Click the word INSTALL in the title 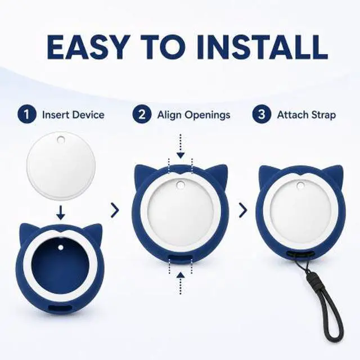[x=262, y=47]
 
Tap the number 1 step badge [x=27, y=114]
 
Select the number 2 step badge [x=142, y=114]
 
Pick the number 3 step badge [x=262, y=114]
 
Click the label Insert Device [x=73, y=115]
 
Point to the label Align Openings [x=193, y=115]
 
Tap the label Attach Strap [x=307, y=115]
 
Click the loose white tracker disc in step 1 [x=61, y=166]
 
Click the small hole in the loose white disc [x=61, y=139]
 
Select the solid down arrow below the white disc [x=61, y=213]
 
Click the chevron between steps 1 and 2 [x=115, y=210]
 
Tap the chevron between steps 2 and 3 [x=243, y=210]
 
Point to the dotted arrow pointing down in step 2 [x=181, y=146]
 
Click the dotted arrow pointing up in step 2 [x=181, y=283]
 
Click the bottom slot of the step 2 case [x=181, y=258]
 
